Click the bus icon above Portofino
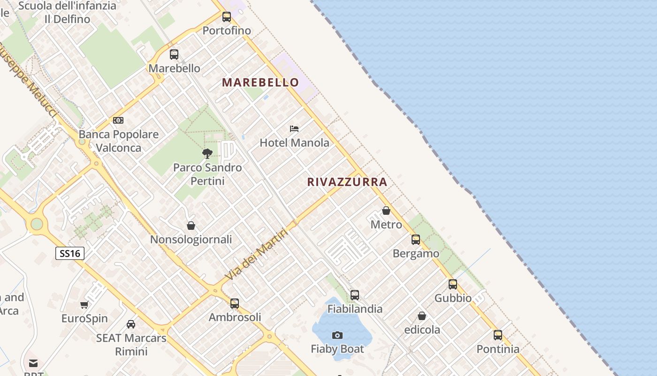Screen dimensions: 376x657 pyautogui.click(x=227, y=17)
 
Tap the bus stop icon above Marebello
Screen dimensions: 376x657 pyautogui.click(x=174, y=55)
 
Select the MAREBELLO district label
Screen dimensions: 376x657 pyautogui.click(x=260, y=82)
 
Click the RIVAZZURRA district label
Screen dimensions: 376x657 pyautogui.click(x=347, y=182)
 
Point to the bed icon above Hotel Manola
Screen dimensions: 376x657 pyautogui.click(x=294, y=128)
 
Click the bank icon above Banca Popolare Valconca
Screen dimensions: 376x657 pyautogui.click(x=118, y=120)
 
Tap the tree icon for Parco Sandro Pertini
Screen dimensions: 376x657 pyautogui.click(x=207, y=153)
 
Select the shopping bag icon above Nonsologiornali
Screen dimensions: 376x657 pyautogui.click(x=191, y=226)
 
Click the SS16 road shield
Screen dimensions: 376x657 pyautogui.click(x=70, y=253)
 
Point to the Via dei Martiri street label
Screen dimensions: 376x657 pyautogui.click(x=256, y=254)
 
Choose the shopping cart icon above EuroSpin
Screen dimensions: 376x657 pyautogui.click(x=84, y=305)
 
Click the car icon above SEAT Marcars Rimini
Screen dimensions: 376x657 pyautogui.click(x=131, y=324)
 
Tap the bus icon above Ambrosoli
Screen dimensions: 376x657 pyautogui.click(x=235, y=304)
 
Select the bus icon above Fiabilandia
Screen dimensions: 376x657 pyautogui.click(x=355, y=295)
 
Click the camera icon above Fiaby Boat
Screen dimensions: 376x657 pyautogui.click(x=337, y=335)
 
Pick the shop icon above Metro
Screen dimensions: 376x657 pyautogui.click(x=386, y=211)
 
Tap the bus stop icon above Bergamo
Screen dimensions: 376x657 pyautogui.click(x=416, y=240)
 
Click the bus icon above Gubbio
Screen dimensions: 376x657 pyautogui.click(x=453, y=284)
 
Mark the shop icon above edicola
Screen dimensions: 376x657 pyautogui.click(x=422, y=316)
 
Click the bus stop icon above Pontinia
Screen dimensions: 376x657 pyautogui.click(x=498, y=335)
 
